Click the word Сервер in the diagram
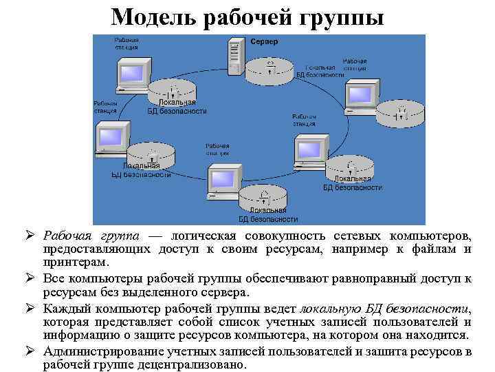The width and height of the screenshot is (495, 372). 265,42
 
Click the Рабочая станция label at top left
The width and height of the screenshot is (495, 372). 126,44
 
